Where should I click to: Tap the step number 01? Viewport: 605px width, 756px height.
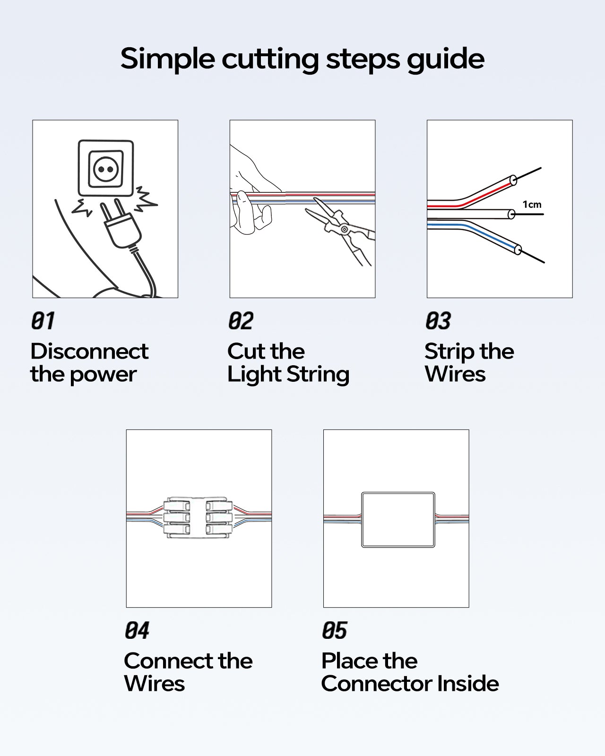43,321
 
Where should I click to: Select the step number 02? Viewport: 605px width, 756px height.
241,321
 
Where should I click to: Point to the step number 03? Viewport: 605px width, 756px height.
438,321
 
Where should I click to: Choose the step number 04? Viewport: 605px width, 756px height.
137,630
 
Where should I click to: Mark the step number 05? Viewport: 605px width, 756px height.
334,630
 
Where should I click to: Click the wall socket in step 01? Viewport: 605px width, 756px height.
106,168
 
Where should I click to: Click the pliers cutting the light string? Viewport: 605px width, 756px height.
340,230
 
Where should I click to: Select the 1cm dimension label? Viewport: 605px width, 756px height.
532,205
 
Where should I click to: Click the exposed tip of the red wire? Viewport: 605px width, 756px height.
527,174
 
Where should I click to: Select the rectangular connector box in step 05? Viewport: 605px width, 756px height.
398,520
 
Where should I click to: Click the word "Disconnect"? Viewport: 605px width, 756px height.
90,351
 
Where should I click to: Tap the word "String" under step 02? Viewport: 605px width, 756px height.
318,375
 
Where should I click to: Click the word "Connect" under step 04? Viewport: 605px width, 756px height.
168,661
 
